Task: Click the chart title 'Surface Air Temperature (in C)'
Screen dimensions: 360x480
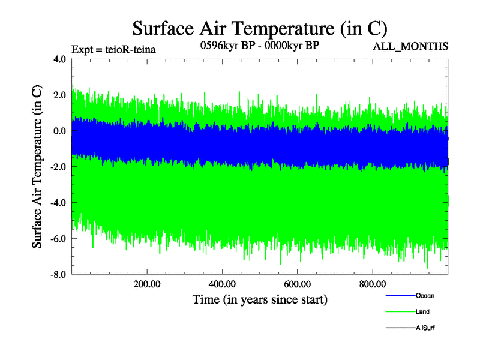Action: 260,28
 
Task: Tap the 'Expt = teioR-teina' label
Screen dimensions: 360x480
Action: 113,50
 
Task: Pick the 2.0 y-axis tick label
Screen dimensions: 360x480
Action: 59,95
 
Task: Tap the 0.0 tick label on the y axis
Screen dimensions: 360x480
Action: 59,131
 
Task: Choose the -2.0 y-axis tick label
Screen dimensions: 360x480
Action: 58,167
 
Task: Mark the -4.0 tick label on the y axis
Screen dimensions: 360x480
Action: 58,203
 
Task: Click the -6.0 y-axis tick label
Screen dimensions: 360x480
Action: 58,239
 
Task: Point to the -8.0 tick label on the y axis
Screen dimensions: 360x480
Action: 58,275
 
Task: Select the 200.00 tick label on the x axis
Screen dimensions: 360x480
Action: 146,284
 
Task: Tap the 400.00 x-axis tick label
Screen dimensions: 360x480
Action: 222,284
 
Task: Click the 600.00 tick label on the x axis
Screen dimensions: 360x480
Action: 297,284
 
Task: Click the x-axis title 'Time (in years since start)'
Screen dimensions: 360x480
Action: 260,299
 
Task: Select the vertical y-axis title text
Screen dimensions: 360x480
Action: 37,167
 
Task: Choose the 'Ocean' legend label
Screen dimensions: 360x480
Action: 425,296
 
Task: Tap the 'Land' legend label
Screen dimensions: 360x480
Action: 422,312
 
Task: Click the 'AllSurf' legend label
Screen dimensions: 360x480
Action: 425,328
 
